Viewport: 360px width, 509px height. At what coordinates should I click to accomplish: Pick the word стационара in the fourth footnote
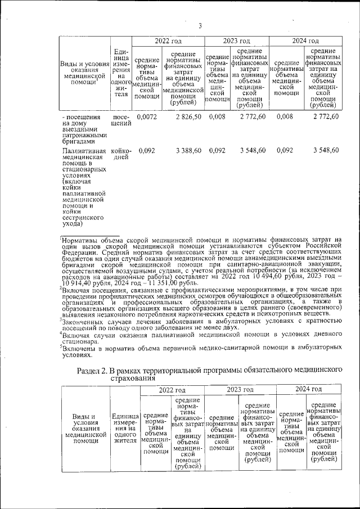pyautogui.click(x=84, y=341)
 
